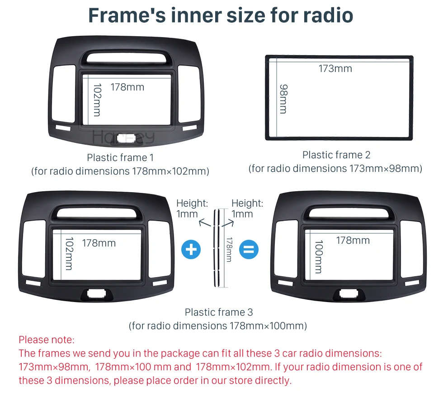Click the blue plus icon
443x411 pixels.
pos(191,250)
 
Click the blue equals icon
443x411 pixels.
pos(249,250)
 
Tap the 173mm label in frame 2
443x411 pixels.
pos(335,69)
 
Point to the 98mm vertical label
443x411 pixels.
pos(283,99)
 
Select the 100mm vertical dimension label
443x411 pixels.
pos(319,257)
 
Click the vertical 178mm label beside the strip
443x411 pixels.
pos(229,250)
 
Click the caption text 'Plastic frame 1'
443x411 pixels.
pos(120,157)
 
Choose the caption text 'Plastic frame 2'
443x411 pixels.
pos(336,155)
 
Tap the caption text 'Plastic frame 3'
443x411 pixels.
pos(219,312)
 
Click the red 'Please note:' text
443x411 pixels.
pos(47,340)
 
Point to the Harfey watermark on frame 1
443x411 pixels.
pos(123,137)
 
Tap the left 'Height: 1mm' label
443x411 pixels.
pos(192,208)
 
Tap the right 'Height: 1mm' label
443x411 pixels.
pos(247,208)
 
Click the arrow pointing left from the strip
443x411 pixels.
pos(205,223)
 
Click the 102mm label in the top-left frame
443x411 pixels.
pos(97,100)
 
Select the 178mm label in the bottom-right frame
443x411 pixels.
pos(353,241)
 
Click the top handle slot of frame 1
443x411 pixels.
pos(126,57)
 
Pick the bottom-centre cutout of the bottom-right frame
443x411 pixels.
pos(349,293)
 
